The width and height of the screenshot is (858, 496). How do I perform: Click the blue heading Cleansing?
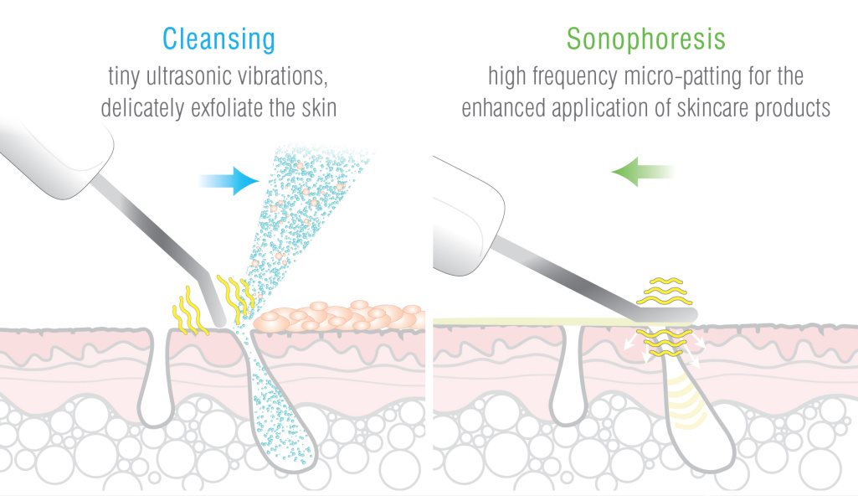218,39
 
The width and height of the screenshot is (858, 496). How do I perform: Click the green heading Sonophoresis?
645,39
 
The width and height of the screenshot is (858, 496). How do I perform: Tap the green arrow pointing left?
642,172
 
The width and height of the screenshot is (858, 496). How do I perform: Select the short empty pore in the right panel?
570,377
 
